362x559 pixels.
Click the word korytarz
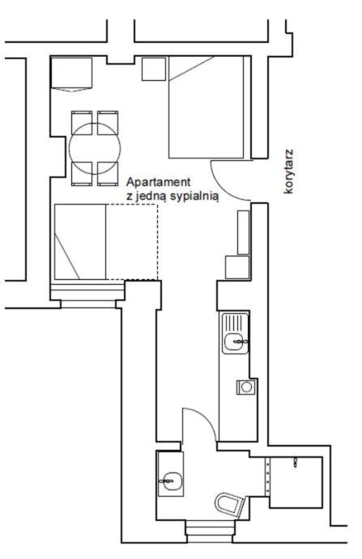point(288,172)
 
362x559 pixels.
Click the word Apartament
point(159,182)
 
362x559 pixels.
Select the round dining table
point(95,149)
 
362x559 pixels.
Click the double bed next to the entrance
point(207,107)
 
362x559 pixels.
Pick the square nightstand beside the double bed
point(154,69)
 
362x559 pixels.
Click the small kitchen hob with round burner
point(246,387)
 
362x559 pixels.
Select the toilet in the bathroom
point(230,503)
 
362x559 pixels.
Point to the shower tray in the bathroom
point(296,482)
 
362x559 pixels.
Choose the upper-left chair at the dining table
point(82,122)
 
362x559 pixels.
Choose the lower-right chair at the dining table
point(108,174)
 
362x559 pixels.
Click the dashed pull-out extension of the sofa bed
point(132,242)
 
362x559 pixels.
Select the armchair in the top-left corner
point(71,74)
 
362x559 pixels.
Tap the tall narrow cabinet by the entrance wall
point(243,232)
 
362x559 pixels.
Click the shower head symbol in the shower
point(296,463)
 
